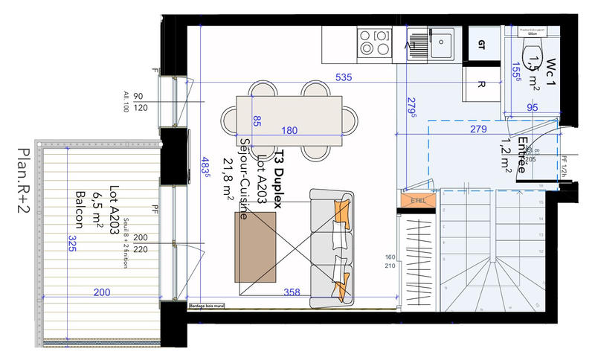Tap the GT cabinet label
(480, 44)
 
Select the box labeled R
(481, 84)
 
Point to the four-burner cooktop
(373, 42)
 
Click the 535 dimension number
(344, 77)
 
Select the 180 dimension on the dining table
(290, 131)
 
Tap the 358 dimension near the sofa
(292, 292)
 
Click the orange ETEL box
(415, 200)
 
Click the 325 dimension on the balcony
(71, 243)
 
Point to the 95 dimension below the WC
(532, 109)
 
